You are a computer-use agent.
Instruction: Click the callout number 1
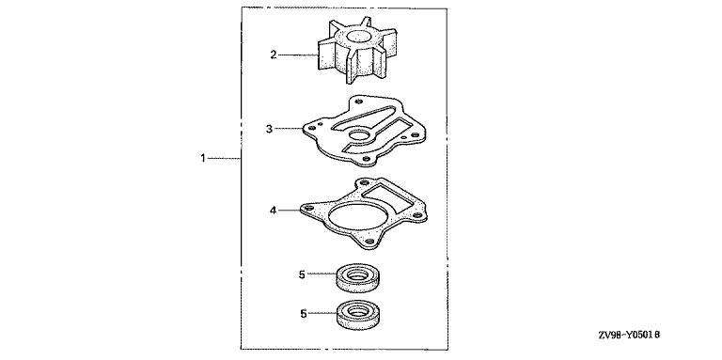pos(203,158)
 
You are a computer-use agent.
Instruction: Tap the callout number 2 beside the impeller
pos(273,55)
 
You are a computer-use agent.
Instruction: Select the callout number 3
pos(269,129)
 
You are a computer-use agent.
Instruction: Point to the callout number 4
pos(273,211)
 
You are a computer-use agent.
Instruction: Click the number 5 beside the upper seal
pos(302,274)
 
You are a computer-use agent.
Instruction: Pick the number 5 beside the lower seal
pos(304,314)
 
